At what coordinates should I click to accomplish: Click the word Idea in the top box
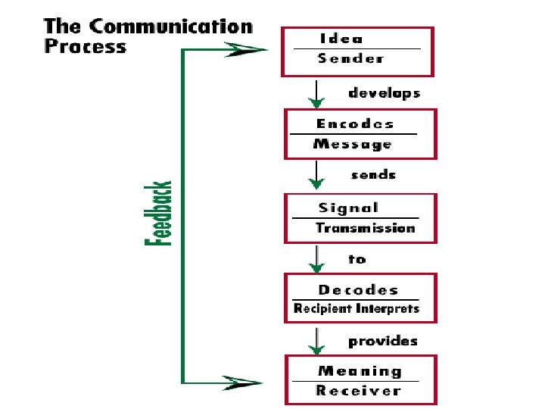(341, 39)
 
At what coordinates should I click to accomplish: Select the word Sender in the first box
(350, 58)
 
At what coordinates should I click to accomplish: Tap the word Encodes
(355, 124)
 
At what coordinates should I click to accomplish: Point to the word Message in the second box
(353, 144)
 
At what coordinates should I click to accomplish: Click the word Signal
(349, 208)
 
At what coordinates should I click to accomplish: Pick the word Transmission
(366, 228)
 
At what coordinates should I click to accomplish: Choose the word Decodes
(358, 290)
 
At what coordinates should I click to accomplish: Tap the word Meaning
(360, 371)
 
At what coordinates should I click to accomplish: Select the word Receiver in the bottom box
(358, 391)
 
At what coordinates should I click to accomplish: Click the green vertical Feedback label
(158, 213)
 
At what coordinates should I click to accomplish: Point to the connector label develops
(384, 94)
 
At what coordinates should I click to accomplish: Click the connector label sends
(373, 175)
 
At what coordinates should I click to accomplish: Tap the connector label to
(357, 259)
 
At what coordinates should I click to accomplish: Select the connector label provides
(382, 342)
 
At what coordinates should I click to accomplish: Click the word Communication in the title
(171, 26)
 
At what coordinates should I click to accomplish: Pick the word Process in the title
(85, 46)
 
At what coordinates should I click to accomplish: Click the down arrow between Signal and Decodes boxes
(319, 260)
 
